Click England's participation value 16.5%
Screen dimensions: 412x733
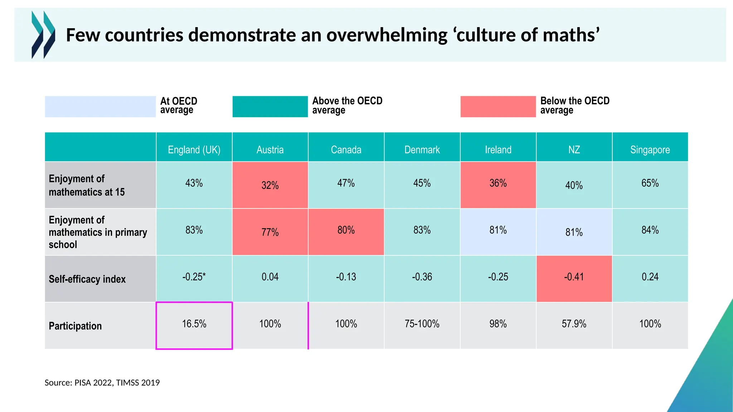[x=194, y=324]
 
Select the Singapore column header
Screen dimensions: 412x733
[x=650, y=149]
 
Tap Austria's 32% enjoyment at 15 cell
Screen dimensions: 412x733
[x=270, y=185]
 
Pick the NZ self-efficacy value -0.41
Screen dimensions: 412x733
[x=574, y=277]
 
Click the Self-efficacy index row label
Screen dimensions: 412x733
[x=87, y=279]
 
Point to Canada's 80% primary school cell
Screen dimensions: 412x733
[x=346, y=230]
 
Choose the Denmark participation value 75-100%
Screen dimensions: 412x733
[x=422, y=324]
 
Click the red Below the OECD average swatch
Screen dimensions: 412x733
[x=498, y=107]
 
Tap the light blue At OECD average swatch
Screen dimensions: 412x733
[x=100, y=107]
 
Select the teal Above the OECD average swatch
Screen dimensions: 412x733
[x=270, y=107]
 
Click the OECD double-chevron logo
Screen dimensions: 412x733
[x=43, y=35]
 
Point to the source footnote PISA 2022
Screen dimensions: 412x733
[x=102, y=383]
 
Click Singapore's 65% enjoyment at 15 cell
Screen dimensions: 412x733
[x=650, y=183]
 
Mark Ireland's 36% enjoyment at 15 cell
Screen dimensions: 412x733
[x=498, y=183]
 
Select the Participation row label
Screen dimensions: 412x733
[x=75, y=326]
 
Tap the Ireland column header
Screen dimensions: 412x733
[x=498, y=149]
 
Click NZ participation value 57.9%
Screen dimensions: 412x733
[x=574, y=324]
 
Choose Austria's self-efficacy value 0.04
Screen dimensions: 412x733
[x=270, y=277]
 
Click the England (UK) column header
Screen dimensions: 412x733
[x=194, y=149]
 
